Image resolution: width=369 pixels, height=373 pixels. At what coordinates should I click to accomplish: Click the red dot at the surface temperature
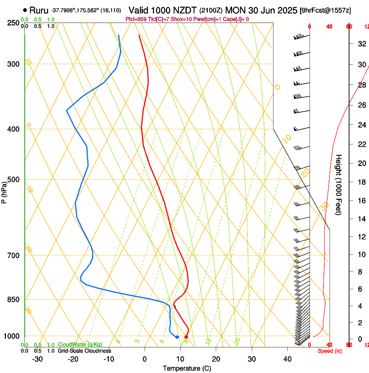186,337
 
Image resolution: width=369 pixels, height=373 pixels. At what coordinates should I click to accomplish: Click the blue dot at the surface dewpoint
177,337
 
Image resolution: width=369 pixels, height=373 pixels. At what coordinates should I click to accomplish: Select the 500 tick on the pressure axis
13,180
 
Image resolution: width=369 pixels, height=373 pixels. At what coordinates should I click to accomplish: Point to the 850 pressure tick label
13,299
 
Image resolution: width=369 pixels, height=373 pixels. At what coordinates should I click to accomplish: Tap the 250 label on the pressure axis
13,23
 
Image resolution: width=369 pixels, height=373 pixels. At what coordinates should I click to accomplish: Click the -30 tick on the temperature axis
37,359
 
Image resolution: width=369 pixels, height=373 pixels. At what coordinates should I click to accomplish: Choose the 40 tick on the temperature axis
287,359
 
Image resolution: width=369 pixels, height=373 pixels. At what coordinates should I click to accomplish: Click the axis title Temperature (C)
187,368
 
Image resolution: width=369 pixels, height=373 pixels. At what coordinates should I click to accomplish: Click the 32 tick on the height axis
361,43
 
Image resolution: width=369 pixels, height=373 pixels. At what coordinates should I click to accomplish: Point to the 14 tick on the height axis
361,219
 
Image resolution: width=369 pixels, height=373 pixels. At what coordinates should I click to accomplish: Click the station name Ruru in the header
39,10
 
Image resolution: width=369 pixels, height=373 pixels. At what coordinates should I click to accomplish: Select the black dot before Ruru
25,10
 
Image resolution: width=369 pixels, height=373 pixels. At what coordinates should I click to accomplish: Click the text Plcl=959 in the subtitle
136,19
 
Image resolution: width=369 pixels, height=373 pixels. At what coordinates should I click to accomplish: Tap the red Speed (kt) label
330,351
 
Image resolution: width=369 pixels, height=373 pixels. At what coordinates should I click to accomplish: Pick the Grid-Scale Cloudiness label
84,351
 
